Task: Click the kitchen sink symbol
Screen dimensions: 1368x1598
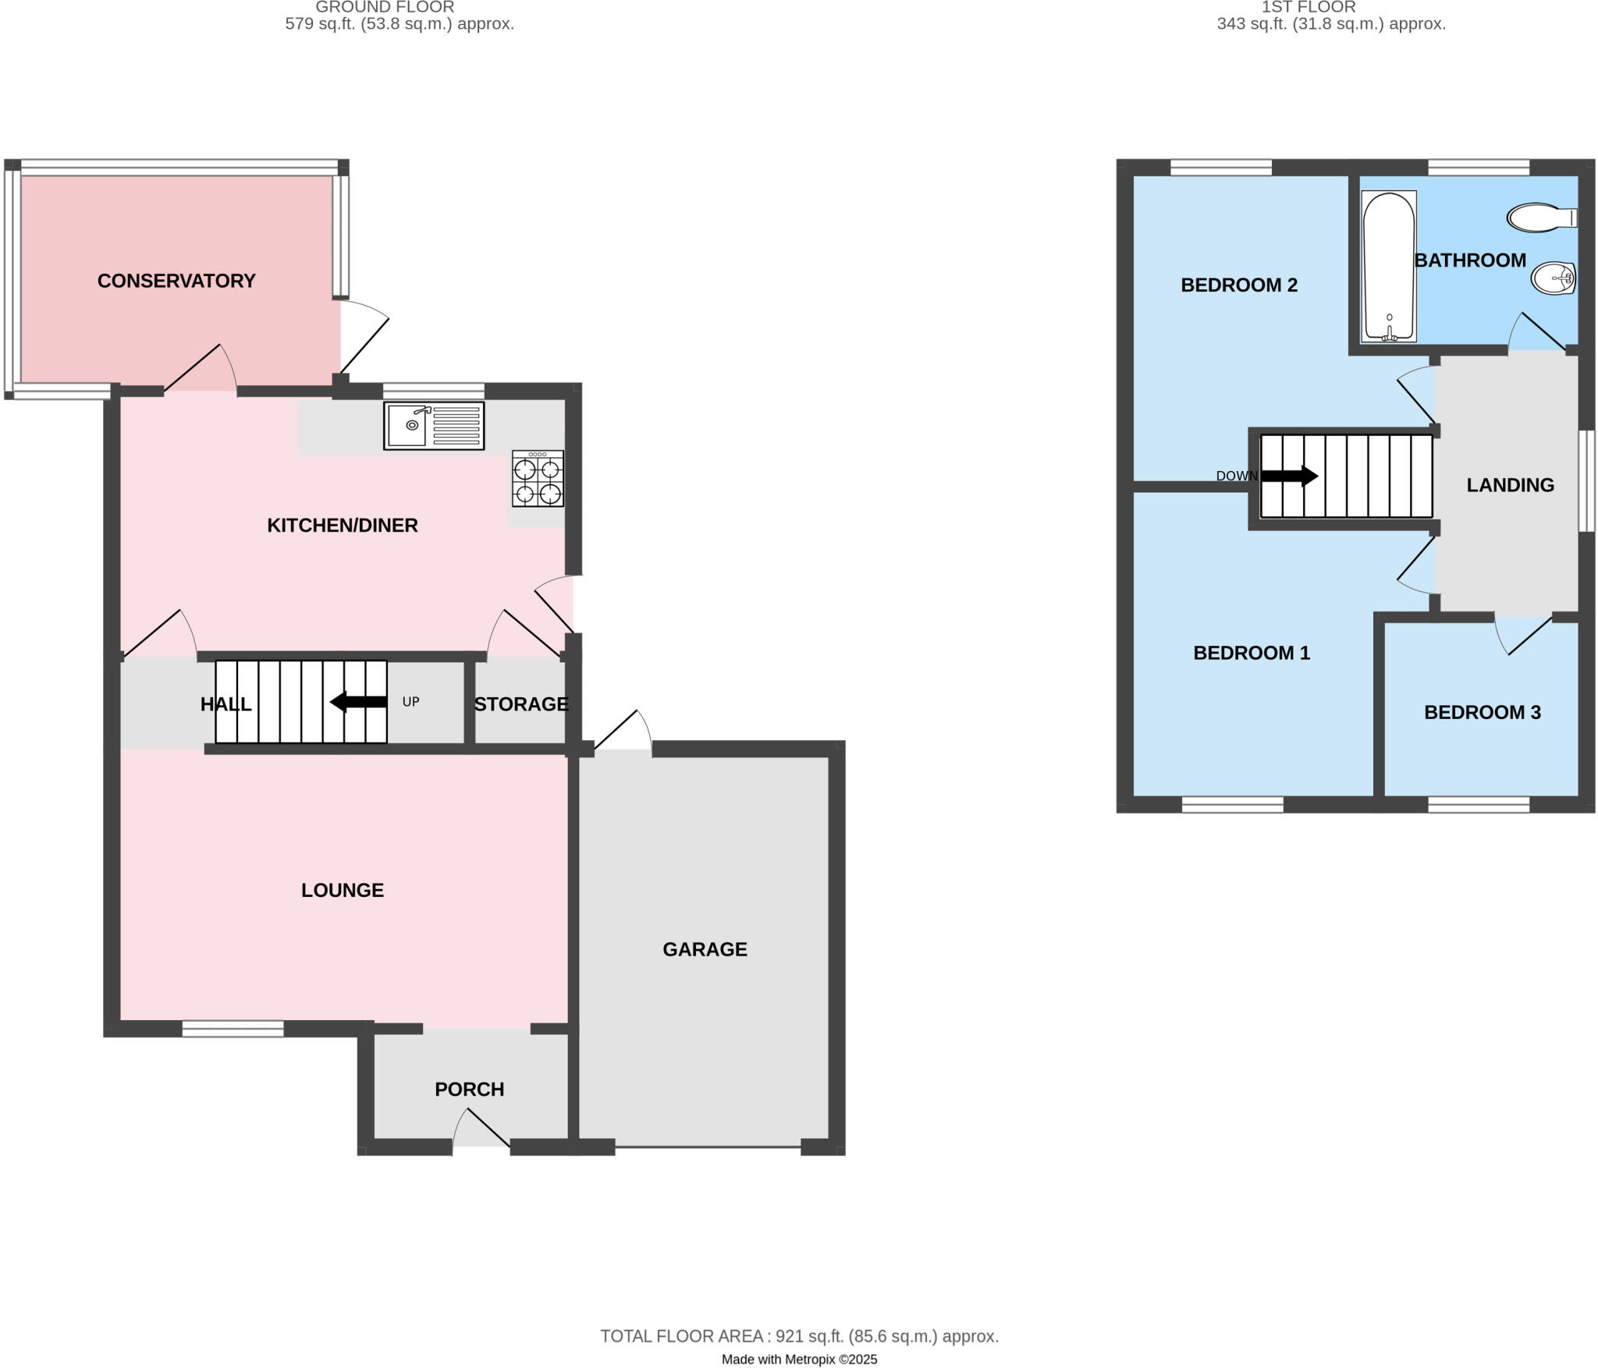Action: [x=434, y=426]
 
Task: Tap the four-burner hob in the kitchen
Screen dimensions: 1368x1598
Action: [x=538, y=479]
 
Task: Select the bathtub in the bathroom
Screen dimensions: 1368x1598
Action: [x=1389, y=266]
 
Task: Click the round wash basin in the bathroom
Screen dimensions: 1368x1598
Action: [x=1554, y=278]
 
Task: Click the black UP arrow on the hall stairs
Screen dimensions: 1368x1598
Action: [x=359, y=702]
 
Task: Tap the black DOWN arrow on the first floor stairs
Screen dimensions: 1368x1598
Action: [x=1289, y=476]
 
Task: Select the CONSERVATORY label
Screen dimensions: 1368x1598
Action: [x=176, y=281]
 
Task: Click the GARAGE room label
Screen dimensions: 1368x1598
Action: [x=705, y=949]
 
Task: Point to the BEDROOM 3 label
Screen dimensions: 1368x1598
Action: [x=1482, y=712]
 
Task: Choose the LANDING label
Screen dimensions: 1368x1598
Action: [x=1510, y=485]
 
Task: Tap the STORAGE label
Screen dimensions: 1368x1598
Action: [x=521, y=704]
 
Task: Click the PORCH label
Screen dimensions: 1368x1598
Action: [x=469, y=1090]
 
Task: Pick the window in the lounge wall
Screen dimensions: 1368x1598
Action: [x=233, y=1029]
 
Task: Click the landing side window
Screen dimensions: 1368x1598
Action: [x=1586, y=480]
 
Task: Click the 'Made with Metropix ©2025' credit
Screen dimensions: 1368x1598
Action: [x=799, y=1359]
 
